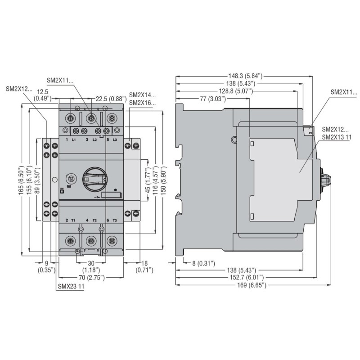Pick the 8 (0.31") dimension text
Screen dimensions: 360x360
coord(201,262)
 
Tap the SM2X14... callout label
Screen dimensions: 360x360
coord(142,95)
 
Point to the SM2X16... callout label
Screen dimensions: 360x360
coord(142,103)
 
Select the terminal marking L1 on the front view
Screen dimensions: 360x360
coord(74,141)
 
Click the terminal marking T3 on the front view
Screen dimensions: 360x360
coord(114,220)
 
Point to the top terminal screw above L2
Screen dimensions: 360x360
coord(92,119)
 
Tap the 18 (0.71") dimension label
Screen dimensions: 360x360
coord(145,266)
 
